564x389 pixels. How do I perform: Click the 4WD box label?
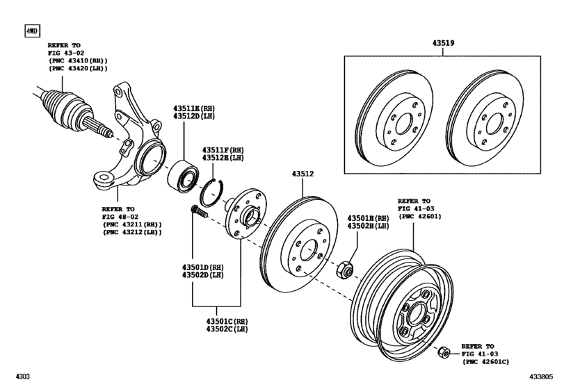(32, 31)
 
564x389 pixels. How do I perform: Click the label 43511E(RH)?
(196, 108)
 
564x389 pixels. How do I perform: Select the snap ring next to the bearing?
(214, 191)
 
